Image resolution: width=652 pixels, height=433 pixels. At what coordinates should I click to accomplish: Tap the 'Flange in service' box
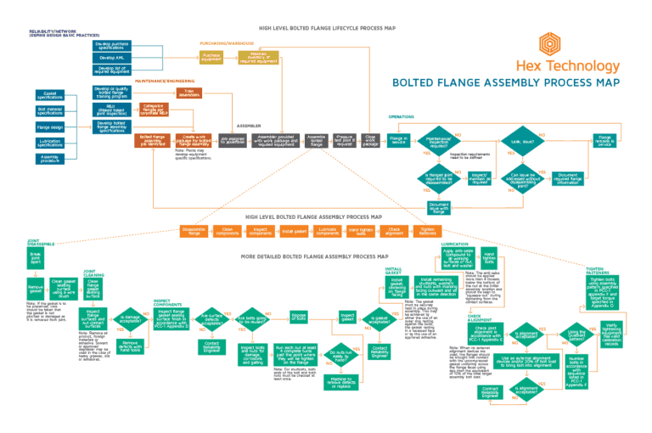point(398,139)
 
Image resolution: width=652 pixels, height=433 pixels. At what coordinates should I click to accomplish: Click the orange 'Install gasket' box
point(293,230)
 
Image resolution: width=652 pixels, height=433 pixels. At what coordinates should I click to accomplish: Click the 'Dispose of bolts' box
point(299,317)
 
